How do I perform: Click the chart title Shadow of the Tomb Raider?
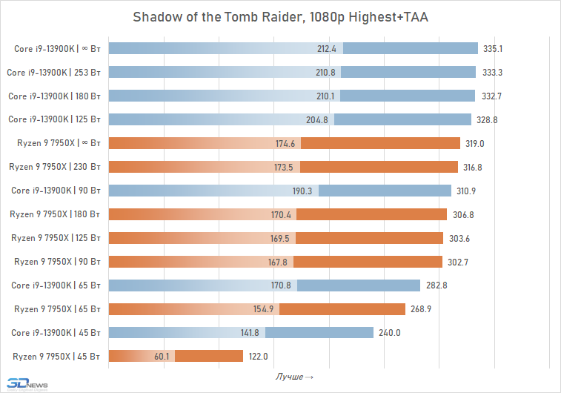click(x=280, y=17)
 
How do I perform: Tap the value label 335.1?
click(x=493, y=49)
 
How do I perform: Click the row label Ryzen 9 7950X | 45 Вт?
click(x=57, y=356)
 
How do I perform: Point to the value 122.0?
click(x=258, y=356)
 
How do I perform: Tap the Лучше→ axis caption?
click(x=294, y=377)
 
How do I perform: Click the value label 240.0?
click(x=390, y=332)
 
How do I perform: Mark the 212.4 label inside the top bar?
click(x=327, y=49)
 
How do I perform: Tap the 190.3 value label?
click(x=303, y=191)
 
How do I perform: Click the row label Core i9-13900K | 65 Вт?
click(x=56, y=285)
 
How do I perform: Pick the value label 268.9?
click(x=420, y=308)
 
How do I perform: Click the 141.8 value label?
click(x=250, y=332)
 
